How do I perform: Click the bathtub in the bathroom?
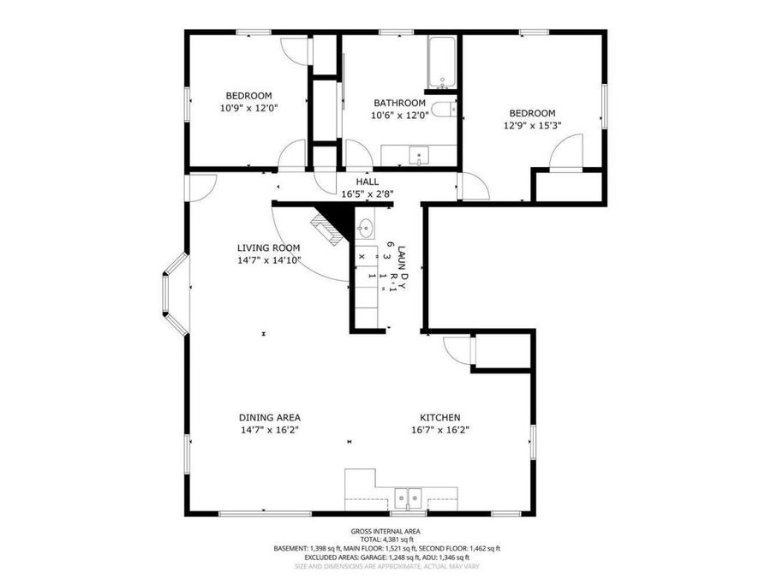(x=443, y=63)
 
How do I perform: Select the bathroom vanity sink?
(x=419, y=155)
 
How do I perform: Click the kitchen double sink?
(x=409, y=497)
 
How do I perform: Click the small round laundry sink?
(x=364, y=228)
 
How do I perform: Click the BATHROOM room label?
(x=398, y=103)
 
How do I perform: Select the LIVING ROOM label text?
(x=268, y=247)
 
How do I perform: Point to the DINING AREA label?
(x=269, y=417)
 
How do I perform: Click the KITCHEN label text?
(x=440, y=417)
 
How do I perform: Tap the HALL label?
(x=368, y=182)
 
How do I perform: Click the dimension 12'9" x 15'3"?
(x=532, y=125)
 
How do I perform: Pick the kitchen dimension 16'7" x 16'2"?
(x=440, y=430)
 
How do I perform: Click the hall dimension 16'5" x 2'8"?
(x=368, y=194)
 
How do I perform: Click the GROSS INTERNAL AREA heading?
(x=385, y=532)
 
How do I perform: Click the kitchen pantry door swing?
(x=458, y=349)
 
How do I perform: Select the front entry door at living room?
(x=202, y=187)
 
